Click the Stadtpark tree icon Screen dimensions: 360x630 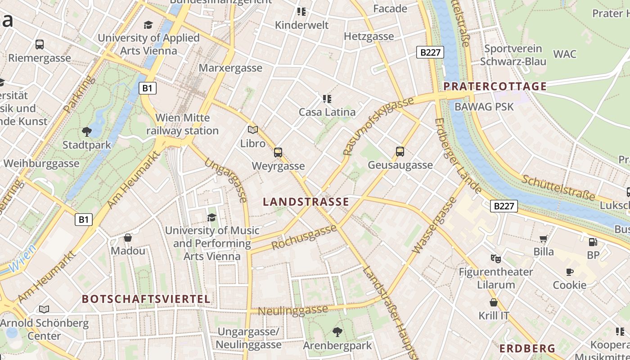pyautogui.click(x=87, y=132)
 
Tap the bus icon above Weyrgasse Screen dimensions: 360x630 pyautogui.click(x=278, y=153)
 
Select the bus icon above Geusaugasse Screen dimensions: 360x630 pyautogui.click(x=400, y=152)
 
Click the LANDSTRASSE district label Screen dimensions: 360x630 pyautogui.click(x=306, y=202)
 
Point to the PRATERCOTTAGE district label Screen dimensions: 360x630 pyautogui.click(x=495, y=86)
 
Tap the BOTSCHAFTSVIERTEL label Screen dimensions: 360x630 pyautogui.click(x=146, y=299)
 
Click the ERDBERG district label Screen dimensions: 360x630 pyautogui.click(x=527, y=349)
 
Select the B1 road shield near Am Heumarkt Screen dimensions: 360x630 pyautogui.click(x=83, y=220)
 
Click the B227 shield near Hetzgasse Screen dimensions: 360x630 pyautogui.click(x=430, y=52)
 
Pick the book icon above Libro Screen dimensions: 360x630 pyautogui.click(x=253, y=130)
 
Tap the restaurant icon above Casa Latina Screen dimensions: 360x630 pyautogui.click(x=327, y=99)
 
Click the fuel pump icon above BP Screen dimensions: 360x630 pyautogui.click(x=593, y=242)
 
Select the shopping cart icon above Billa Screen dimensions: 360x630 pyautogui.click(x=544, y=238)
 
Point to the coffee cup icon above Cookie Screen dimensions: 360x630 pyautogui.click(x=570, y=272)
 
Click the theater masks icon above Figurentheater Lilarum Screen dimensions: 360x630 pyautogui.click(x=496, y=258)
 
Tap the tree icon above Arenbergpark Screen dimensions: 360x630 pyautogui.click(x=337, y=332)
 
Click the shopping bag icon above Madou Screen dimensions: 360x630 pyautogui.click(x=128, y=238)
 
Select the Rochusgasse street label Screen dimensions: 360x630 pyautogui.click(x=304, y=237)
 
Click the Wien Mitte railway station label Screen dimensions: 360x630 pyautogui.click(x=182, y=124)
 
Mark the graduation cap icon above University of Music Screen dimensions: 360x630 pyautogui.click(x=211, y=218)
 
